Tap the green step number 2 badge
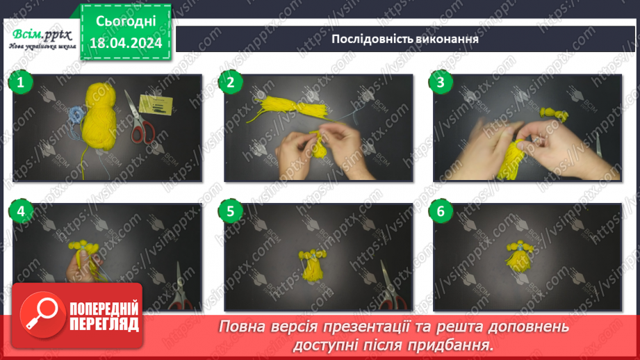(x=230, y=83)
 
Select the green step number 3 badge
(x=440, y=83)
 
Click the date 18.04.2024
(x=125, y=43)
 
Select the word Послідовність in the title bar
(x=368, y=38)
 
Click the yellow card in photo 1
(x=156, y=105)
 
